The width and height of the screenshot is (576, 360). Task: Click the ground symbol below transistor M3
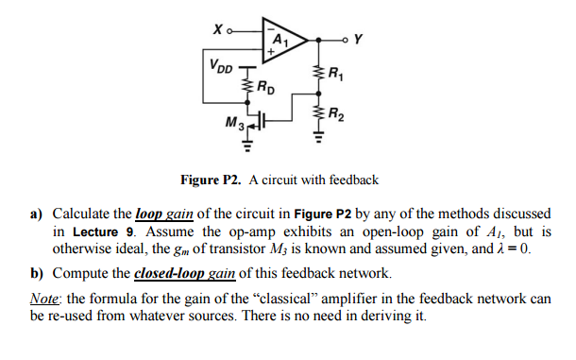pyautogui.click(x=249, y=147)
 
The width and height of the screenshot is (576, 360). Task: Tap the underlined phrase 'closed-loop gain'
pyautogui.click(x=185, y=273)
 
